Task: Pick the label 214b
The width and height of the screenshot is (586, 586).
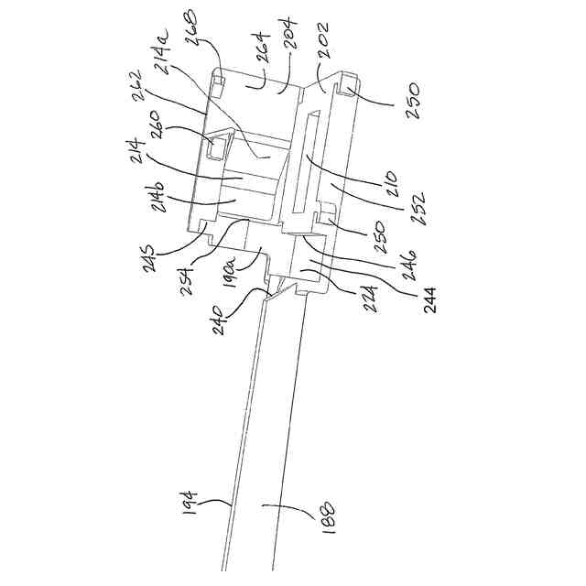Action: pyautogui.click(x=157, y=194)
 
